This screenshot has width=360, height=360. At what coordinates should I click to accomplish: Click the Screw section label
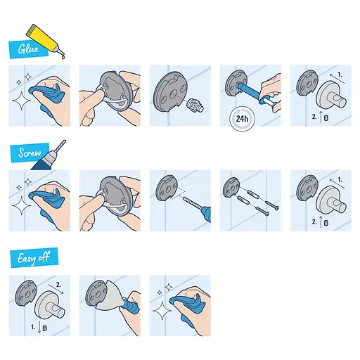tap(26, 153)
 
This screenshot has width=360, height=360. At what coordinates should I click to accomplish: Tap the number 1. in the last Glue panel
tap(340, 74)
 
